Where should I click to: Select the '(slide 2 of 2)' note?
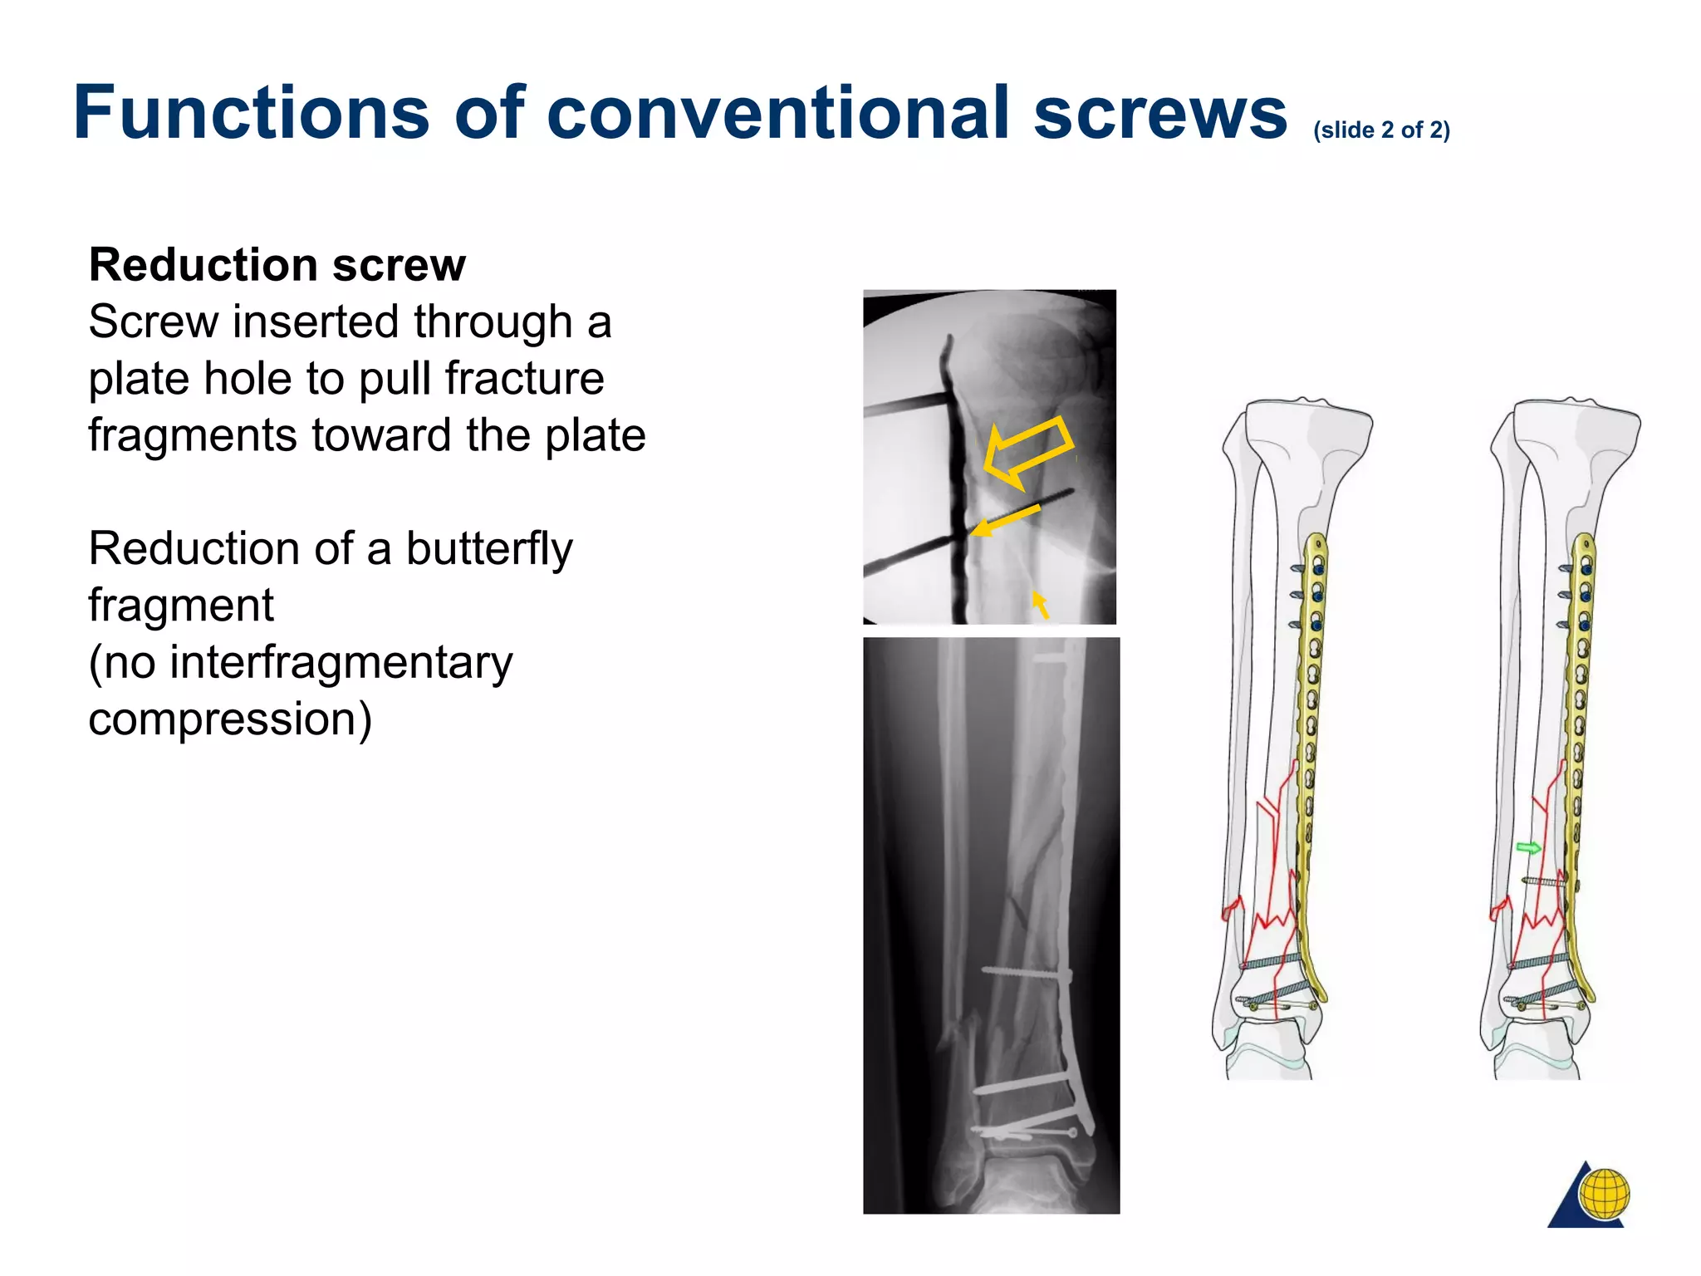tap(1381, 130)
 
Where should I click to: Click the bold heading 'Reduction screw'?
tap(277, 265)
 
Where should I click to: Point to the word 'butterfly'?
tap(489, 550)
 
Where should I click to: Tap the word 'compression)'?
tap(230, 719)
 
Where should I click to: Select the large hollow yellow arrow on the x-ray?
tap(1027, 452)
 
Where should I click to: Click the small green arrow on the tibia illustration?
tap(1528, 847)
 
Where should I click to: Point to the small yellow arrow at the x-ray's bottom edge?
tap(1039, 603)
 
